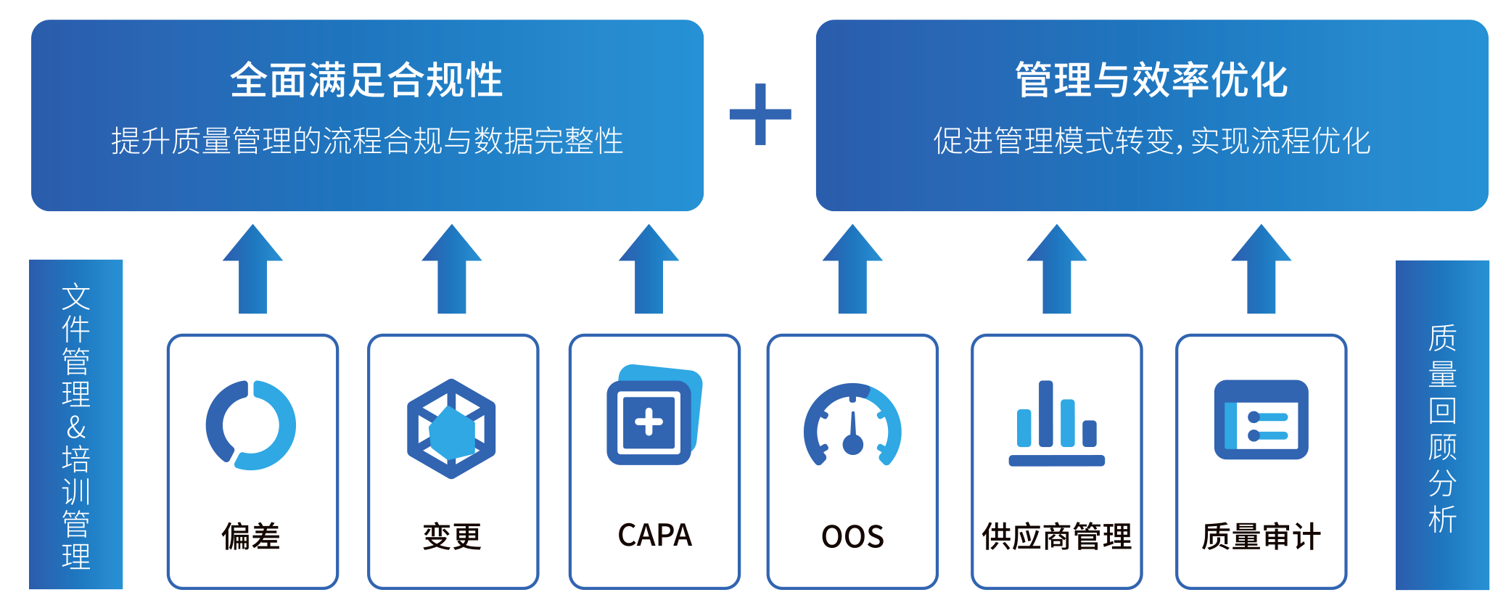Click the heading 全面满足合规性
366,80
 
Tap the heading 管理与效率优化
1151,80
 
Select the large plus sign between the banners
760,114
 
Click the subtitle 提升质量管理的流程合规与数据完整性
367,141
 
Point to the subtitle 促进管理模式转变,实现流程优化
1151,141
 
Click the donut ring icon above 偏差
251,425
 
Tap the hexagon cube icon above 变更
451,428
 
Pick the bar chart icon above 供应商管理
1056,423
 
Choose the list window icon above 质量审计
1261,419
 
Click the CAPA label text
654,536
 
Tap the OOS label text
852,537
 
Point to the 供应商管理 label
1056,537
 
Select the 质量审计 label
1261,537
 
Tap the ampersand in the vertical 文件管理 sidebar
76,428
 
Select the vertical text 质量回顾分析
1442,428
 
